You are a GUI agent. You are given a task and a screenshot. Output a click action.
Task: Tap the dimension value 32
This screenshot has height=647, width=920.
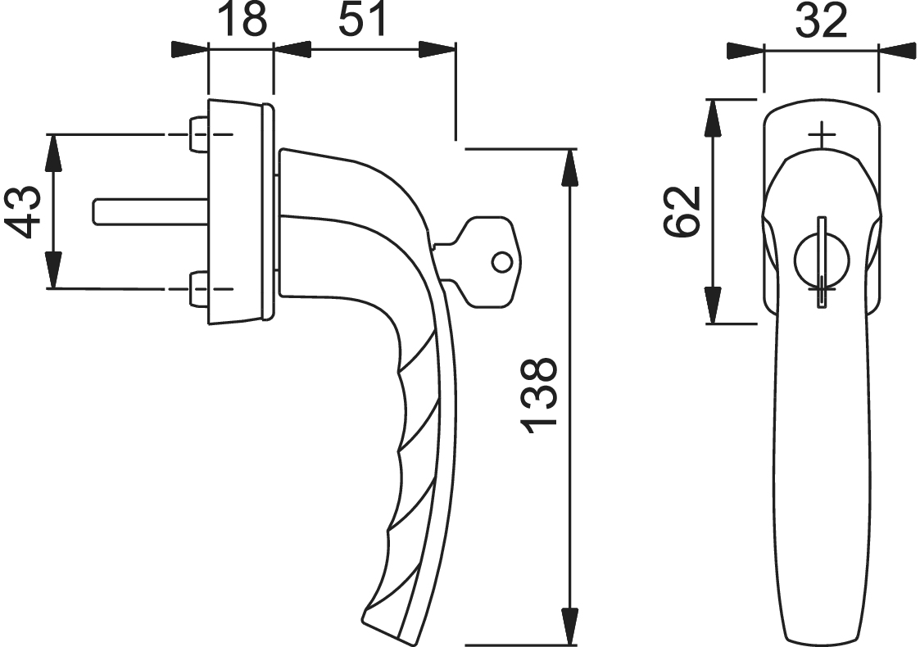coord(822,20)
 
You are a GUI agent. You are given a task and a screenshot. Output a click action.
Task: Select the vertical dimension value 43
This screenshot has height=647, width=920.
coord(24,211)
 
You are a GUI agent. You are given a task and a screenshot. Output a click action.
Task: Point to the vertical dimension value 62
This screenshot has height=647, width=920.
coord(682,211)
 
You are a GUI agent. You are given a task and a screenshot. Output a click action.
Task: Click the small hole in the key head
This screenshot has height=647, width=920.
coord(501,262)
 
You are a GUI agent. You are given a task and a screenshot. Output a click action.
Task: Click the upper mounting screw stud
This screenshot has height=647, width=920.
coord(197,134)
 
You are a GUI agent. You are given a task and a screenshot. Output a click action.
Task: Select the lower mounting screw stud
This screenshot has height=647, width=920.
coord(197,288)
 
